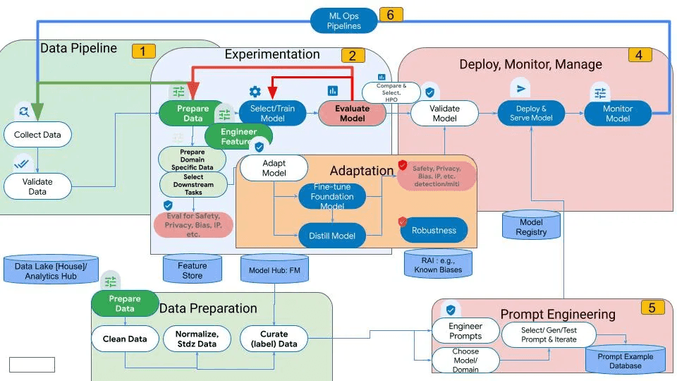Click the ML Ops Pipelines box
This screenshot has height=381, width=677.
[344, 20]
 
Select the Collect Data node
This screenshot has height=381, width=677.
[37, 134]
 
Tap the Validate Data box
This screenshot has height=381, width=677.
[37, 186]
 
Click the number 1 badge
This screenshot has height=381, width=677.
[143, 51]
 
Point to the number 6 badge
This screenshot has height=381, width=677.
[391, 14]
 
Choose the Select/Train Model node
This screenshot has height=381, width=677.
[273, 113]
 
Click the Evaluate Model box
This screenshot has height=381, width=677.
[352, 114]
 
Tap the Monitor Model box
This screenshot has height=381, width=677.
[618, 114]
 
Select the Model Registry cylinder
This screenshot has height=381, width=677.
[531, 226]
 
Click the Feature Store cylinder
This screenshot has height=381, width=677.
[193, 270]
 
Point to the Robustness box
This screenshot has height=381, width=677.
[434, 230]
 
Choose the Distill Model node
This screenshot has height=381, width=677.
[332, 236]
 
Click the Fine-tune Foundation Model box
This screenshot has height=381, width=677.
[332, 196]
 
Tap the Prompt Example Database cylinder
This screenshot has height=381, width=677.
[626, 361]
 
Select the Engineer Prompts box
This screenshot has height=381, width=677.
[465, 331]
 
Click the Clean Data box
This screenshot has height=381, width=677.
[125, 339]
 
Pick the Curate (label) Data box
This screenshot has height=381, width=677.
[274, 339]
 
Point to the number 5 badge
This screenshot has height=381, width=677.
[652, 308]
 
